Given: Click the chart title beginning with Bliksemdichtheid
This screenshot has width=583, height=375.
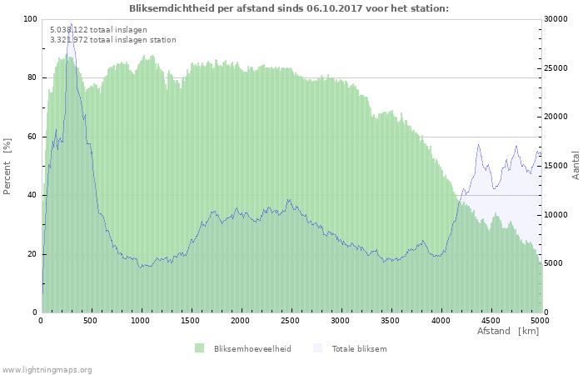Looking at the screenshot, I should [289, 8].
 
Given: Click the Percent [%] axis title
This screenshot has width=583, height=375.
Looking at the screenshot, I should [7, 166].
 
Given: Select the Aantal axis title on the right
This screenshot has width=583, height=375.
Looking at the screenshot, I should [576, 166].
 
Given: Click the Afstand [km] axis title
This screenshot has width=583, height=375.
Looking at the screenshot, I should [507, 332].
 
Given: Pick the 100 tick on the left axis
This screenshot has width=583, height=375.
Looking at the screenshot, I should [30, 19].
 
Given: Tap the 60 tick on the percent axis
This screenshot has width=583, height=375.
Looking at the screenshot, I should [32, 137].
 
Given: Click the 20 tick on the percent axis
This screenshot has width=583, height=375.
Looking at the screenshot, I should [32, 254].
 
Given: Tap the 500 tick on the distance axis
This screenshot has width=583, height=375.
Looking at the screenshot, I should [91, 319].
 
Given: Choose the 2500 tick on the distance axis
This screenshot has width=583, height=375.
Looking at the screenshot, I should [291, 319].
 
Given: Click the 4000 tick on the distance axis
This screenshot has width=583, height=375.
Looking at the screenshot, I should [440, 319].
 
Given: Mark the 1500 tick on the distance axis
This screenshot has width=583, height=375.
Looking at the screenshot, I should [191, 319].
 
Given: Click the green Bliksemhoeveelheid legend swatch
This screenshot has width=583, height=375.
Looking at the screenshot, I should [199, 348].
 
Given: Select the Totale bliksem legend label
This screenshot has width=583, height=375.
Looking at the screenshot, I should [359, 348].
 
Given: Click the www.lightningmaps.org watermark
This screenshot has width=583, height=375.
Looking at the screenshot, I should [47, 369].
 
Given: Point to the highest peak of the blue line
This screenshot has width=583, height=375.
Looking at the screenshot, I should [71, 24].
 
